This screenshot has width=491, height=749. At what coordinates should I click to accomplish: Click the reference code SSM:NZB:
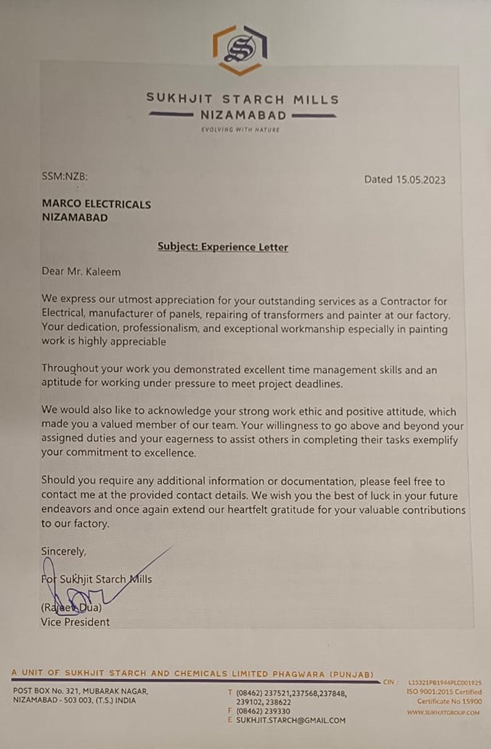tap(65, 177)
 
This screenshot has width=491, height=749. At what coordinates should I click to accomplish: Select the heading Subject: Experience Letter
tap(222, 246)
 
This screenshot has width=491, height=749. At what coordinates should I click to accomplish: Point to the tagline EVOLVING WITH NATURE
tap(240, 129)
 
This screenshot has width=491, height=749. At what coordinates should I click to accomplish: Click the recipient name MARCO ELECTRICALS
tap(96, 204)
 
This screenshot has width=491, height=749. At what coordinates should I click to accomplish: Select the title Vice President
tap(75, 621)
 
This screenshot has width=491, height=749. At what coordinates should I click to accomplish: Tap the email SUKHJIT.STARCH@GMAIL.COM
tap(291, 720)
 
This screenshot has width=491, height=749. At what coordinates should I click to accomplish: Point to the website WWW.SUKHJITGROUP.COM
tap(443, 712)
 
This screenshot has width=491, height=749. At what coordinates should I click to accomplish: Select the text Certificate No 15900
tap(449, 701)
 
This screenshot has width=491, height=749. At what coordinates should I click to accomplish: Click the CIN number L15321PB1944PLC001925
tap(445, 681)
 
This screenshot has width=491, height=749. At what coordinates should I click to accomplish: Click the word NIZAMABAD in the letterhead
tap(243, 115)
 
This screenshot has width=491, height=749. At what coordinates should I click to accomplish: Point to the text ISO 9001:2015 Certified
tap(444, 692)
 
